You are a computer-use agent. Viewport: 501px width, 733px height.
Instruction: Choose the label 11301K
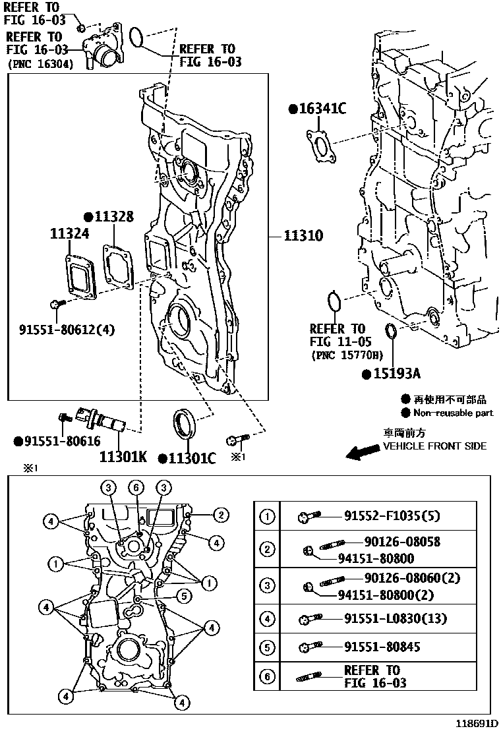tap(123, 456)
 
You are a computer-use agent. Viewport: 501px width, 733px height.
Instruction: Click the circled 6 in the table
tap(267, 676)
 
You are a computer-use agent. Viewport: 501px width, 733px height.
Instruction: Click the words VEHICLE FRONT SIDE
tap(434, 446)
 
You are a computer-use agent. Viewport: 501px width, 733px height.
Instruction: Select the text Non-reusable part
tap(453, 413)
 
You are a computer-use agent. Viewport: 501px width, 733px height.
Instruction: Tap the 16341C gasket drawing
tap(321, 145)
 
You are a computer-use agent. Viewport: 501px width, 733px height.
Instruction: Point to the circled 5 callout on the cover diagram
tap(185, 596)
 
